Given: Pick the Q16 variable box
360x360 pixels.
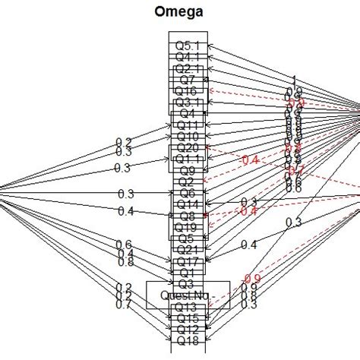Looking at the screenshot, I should coord(187,90).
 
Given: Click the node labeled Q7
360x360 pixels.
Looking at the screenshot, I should coord(187,79).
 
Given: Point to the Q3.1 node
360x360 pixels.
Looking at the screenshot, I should coord(187,102).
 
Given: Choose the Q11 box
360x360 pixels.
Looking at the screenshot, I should coord(187,125).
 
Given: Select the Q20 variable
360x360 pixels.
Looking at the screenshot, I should coord(187,147).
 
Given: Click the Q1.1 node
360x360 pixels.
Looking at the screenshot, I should coord(187,159).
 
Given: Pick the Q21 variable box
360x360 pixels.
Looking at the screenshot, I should coord(187,249).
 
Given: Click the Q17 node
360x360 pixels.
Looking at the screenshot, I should coord(187,261).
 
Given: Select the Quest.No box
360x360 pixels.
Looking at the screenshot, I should coord(187,295).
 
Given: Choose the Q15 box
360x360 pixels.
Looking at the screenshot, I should coord(187,317).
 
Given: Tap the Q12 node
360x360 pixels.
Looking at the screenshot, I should coord(187,329).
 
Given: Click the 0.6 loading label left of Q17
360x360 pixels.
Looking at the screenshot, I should coord(123,243).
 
